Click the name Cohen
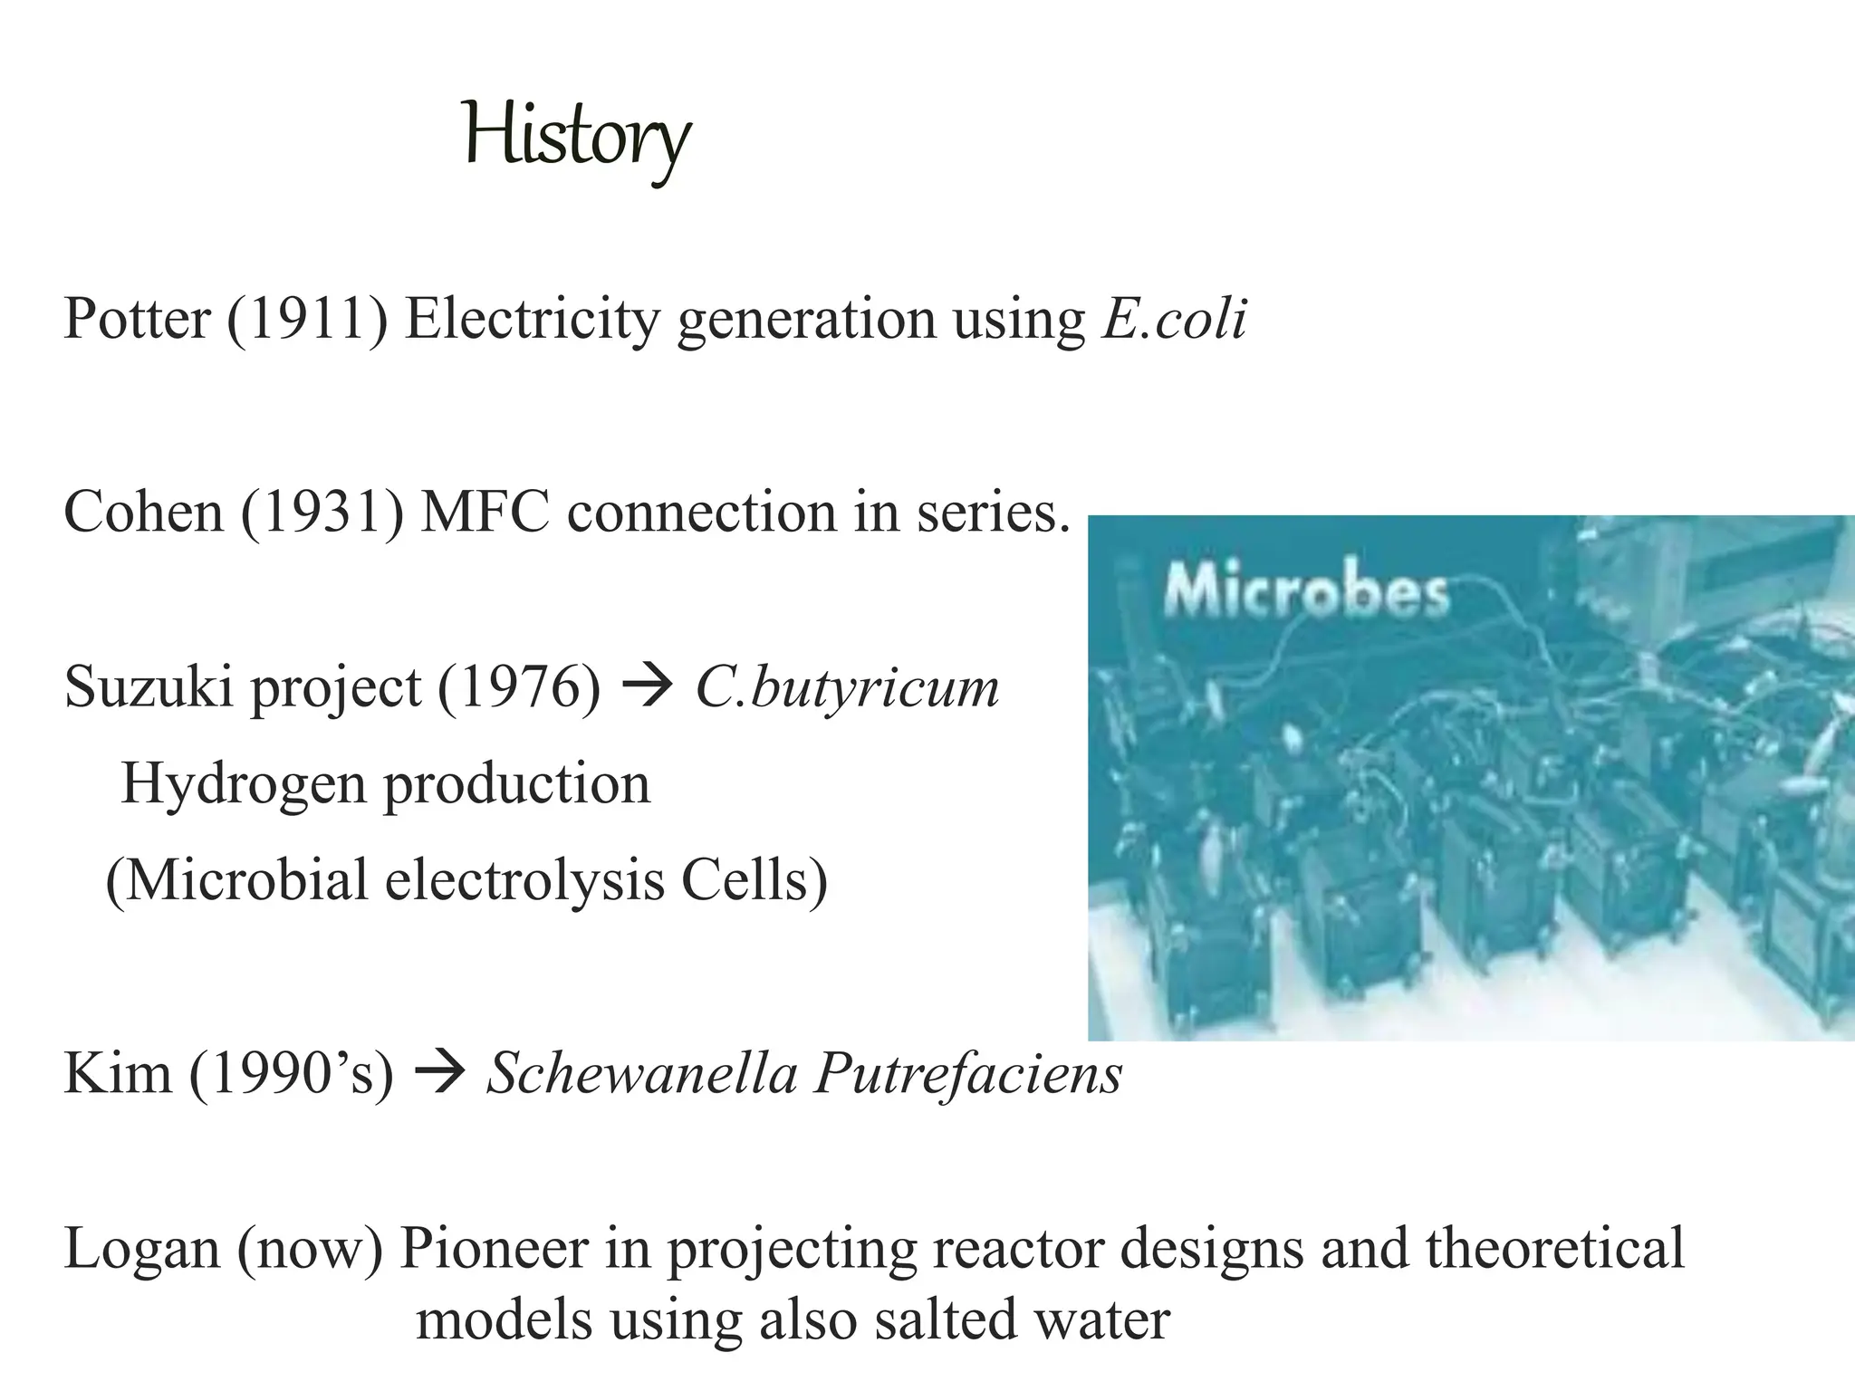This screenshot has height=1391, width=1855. click(143, 512)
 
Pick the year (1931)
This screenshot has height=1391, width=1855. click(322, 512)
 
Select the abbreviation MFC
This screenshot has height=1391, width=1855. click(485, 512)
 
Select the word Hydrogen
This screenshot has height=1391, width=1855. click(243, 783)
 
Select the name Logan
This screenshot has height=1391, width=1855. click(142, 1248)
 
